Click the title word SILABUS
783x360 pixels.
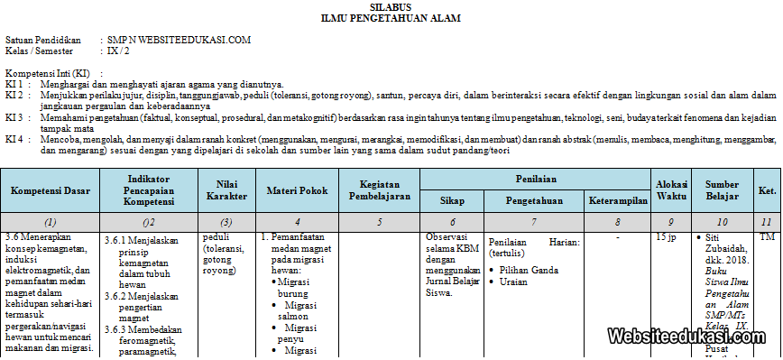coord(390,6)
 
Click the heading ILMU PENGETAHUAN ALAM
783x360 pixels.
coord(390,17)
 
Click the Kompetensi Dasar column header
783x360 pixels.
coord(50,190)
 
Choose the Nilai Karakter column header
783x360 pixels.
coord(226,190)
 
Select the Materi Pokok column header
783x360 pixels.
coord(297,190)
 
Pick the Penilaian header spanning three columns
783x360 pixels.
coord(536,180)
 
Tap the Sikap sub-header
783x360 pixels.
coord(452,200)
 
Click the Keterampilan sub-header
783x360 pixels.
coord(618,200)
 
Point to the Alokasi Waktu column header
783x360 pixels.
coord(671,190)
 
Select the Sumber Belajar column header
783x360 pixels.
coord(722,190)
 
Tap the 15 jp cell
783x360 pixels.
coord(666,236)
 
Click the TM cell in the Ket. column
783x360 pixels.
coord(767,236)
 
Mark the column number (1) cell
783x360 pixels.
coord(50,221)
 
